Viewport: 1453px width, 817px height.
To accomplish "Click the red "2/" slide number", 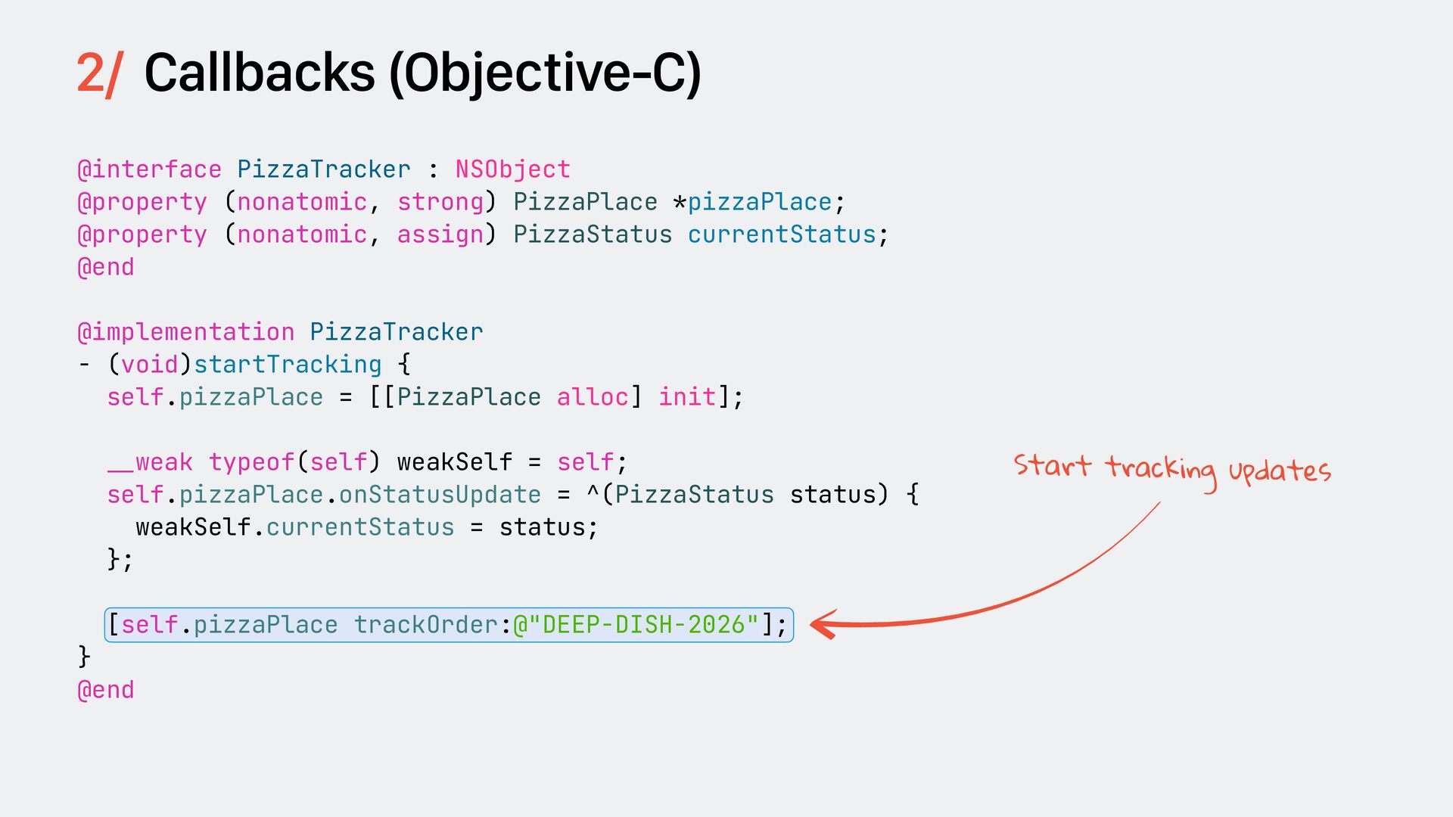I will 98,74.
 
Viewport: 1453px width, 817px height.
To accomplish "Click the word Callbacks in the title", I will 260,74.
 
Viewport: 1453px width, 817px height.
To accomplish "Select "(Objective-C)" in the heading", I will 545,74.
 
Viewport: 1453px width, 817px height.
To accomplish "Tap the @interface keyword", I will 150,169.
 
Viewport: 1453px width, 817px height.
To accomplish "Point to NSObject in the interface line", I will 512,169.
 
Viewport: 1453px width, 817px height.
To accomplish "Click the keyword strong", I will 440,202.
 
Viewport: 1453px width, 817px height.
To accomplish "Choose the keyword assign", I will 440,235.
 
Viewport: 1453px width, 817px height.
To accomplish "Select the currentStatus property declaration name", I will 781,235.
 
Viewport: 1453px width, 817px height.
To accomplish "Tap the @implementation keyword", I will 186,332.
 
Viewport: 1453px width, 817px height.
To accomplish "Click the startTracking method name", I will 288,365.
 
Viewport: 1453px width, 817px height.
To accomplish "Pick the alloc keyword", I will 593,397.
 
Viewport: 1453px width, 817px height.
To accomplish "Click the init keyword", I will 687,397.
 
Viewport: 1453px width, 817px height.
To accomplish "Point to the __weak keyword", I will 150,462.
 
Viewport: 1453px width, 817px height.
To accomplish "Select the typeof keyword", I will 251,462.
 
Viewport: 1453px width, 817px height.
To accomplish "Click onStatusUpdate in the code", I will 440,495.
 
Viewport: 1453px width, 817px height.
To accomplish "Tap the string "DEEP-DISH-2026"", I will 643,625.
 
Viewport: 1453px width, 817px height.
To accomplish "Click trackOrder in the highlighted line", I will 425,625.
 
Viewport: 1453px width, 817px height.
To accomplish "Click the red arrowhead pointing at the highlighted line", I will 823,625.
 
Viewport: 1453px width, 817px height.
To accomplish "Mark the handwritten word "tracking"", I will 1160,469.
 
